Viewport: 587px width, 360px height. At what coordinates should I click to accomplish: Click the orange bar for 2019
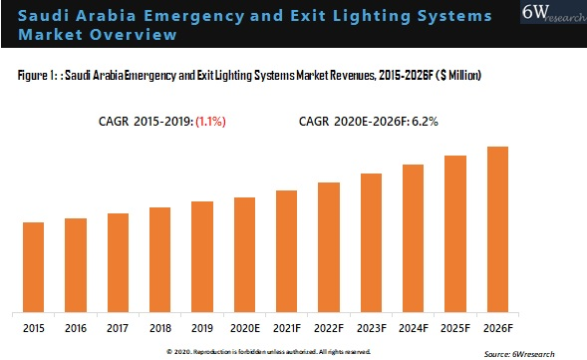(202, 255)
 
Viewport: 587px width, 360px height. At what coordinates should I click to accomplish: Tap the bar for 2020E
(245, 253)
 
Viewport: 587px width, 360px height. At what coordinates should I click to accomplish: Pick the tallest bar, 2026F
(497, 228)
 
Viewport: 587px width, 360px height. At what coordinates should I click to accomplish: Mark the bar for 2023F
(371, 241)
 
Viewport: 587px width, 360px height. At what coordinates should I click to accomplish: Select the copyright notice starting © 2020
(268, 351)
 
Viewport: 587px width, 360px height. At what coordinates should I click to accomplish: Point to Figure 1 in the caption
(38, 76)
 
